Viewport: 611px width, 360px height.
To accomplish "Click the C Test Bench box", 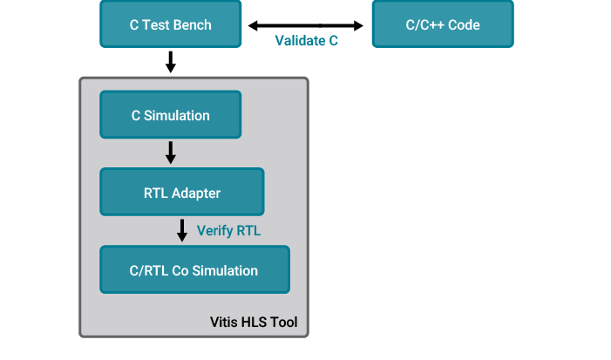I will tap(170, 24).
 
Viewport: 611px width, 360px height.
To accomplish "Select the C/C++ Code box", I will tap(442, 24).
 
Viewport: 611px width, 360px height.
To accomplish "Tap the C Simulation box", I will tap(170, 115).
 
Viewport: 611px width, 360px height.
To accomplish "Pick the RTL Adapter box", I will tap(181, 193).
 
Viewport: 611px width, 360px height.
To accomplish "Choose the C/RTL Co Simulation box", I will tap(193, 270).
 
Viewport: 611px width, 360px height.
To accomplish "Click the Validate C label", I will tap(306, 41).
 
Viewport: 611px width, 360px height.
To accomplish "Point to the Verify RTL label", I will tap(229, 231).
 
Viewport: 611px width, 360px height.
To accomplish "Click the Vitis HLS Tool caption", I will tap(254, 323).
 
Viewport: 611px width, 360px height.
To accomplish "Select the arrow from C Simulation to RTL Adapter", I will tap(171, 153).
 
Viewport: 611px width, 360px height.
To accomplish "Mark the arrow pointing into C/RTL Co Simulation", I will tap(182, 230).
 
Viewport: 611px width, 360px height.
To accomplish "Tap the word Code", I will tap(464, 24).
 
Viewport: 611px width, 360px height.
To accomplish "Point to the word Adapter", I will tap(195, 194).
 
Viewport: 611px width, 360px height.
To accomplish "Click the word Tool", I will tap(284, 323).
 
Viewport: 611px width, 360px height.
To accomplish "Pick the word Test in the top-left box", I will tap(155, 24).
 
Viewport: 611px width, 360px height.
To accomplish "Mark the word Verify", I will tap(215, 231).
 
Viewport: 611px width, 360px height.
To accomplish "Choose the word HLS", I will tap(255, 323).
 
